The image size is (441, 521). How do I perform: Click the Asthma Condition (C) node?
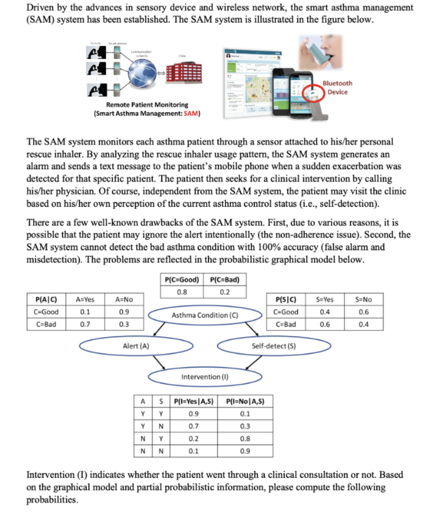tap(205, 315)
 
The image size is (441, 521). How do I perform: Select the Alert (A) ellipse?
tap(136, 346)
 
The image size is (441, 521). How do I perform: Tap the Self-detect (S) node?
tap(273, 346)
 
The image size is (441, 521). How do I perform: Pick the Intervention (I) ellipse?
tap(205, 377)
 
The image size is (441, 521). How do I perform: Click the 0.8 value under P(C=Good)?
tap(182, 292)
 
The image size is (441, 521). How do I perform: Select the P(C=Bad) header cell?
tap(225, 280)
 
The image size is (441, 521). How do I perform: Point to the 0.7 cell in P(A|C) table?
tap(85, 324)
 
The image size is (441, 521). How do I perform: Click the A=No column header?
tap(124, 299)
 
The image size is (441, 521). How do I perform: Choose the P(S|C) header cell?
tap(285, 299)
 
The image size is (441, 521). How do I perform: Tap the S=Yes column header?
tap(325, 299)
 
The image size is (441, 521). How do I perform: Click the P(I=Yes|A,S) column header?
tap(194, 401)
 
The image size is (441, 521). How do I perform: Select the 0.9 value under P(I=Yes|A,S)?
tap(194, 413)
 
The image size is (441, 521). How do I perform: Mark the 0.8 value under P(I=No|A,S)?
tap(245, 439)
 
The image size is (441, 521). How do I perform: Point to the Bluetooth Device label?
tap(338, 88)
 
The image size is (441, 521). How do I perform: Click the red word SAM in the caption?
tap(191, 113)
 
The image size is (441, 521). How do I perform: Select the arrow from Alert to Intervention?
tap(159, 362)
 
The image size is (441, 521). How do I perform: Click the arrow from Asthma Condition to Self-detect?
tap(252, 330)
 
